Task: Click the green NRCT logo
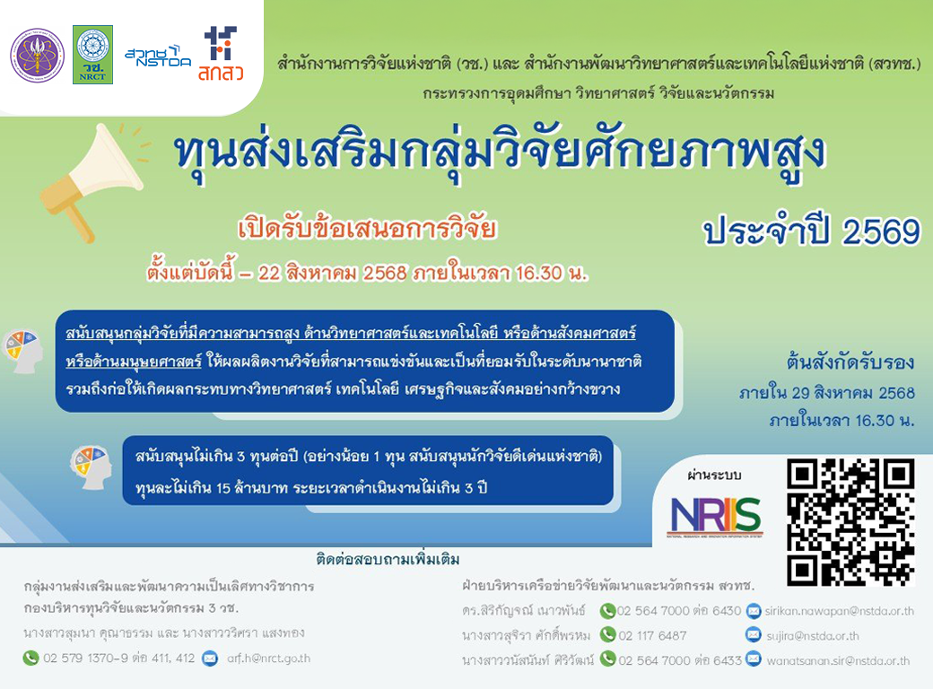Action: point(92,54)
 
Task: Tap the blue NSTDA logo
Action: point(158,56)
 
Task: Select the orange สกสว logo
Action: point(221,54)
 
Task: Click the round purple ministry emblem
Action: point(38,56)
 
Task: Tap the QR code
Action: point(850,522)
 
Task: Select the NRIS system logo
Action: point(715,516)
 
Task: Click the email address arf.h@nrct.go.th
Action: point(268,658)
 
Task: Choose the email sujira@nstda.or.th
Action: point(812,636)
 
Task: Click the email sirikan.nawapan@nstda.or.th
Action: point(839,611)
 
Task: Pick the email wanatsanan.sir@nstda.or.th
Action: point(838,660)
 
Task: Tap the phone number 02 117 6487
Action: point(652,635)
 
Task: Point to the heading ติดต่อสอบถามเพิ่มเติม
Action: point(388,559)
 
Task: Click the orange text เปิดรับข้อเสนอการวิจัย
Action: point(367,229)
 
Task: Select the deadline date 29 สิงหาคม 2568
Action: point(852,393)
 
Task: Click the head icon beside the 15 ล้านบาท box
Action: point(91,467)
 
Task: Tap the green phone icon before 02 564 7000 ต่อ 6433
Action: point(607,659)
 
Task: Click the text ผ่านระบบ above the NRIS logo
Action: point(714,475)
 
